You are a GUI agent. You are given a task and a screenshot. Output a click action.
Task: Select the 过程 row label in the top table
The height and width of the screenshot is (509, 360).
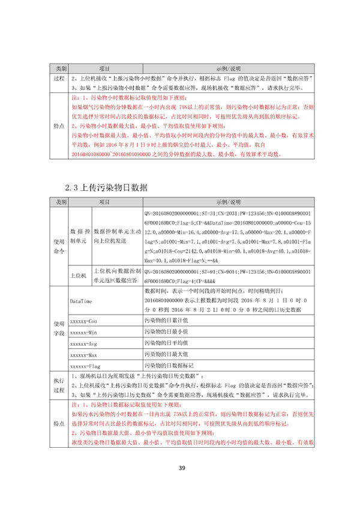(59, 78)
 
